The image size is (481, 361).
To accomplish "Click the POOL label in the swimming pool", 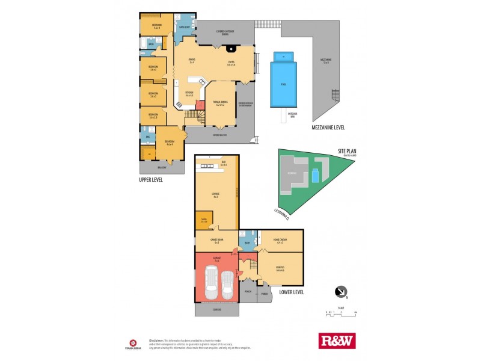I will click(283, 84).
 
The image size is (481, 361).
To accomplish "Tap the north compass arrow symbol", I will click(341, 292).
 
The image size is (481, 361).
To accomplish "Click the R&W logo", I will click(337, 341).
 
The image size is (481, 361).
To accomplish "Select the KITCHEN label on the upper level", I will click(189, 93).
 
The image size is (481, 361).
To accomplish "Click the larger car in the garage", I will click(212, 285).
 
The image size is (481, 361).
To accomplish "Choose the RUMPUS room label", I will click(280, 268).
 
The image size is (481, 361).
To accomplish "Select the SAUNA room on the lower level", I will click(204, 220).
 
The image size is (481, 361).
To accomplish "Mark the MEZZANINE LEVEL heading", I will click(327, 128).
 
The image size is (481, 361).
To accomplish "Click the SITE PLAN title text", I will click(348, 150).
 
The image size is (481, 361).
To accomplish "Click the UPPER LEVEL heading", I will click(150, 179).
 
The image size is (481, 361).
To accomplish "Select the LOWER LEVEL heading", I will click(292, 292).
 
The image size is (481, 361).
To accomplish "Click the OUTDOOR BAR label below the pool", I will click(293, 114).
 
